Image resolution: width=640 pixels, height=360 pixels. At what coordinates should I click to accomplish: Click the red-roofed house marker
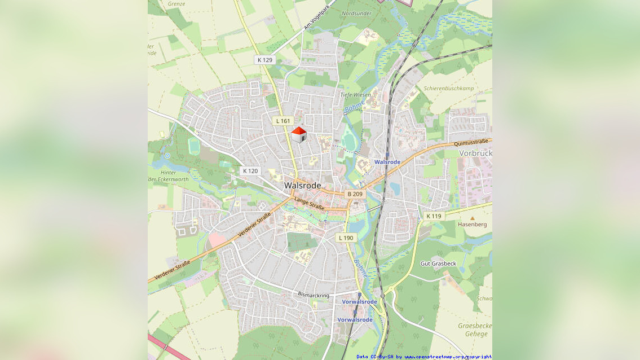[299, 134]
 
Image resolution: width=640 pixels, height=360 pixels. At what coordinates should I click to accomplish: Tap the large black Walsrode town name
[302, 185]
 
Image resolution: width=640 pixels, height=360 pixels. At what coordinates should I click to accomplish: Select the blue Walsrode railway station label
[387, 162]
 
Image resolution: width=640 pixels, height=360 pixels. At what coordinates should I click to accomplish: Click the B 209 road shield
[355, 194]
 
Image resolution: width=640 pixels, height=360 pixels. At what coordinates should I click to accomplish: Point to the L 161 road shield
[283, 121]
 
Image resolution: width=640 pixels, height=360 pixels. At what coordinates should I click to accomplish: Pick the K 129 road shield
[264, 60]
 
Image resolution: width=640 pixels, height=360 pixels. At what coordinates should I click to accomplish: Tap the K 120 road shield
[250, 171]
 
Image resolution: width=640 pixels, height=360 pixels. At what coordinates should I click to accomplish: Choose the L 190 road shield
[346, 238]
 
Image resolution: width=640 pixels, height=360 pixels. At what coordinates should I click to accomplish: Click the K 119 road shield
[434, 216]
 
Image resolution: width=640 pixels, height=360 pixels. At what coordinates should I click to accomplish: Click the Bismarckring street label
[314, 295]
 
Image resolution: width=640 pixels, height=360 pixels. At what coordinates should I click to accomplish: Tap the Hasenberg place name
[472, 224]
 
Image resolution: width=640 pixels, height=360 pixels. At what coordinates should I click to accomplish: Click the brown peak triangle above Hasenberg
[473, 217]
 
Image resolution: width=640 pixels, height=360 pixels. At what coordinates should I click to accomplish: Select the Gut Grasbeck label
[438, 264]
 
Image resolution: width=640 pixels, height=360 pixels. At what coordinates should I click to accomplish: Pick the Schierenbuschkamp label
[448, 89]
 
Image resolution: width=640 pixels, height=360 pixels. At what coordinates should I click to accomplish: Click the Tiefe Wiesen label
[355, 95]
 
